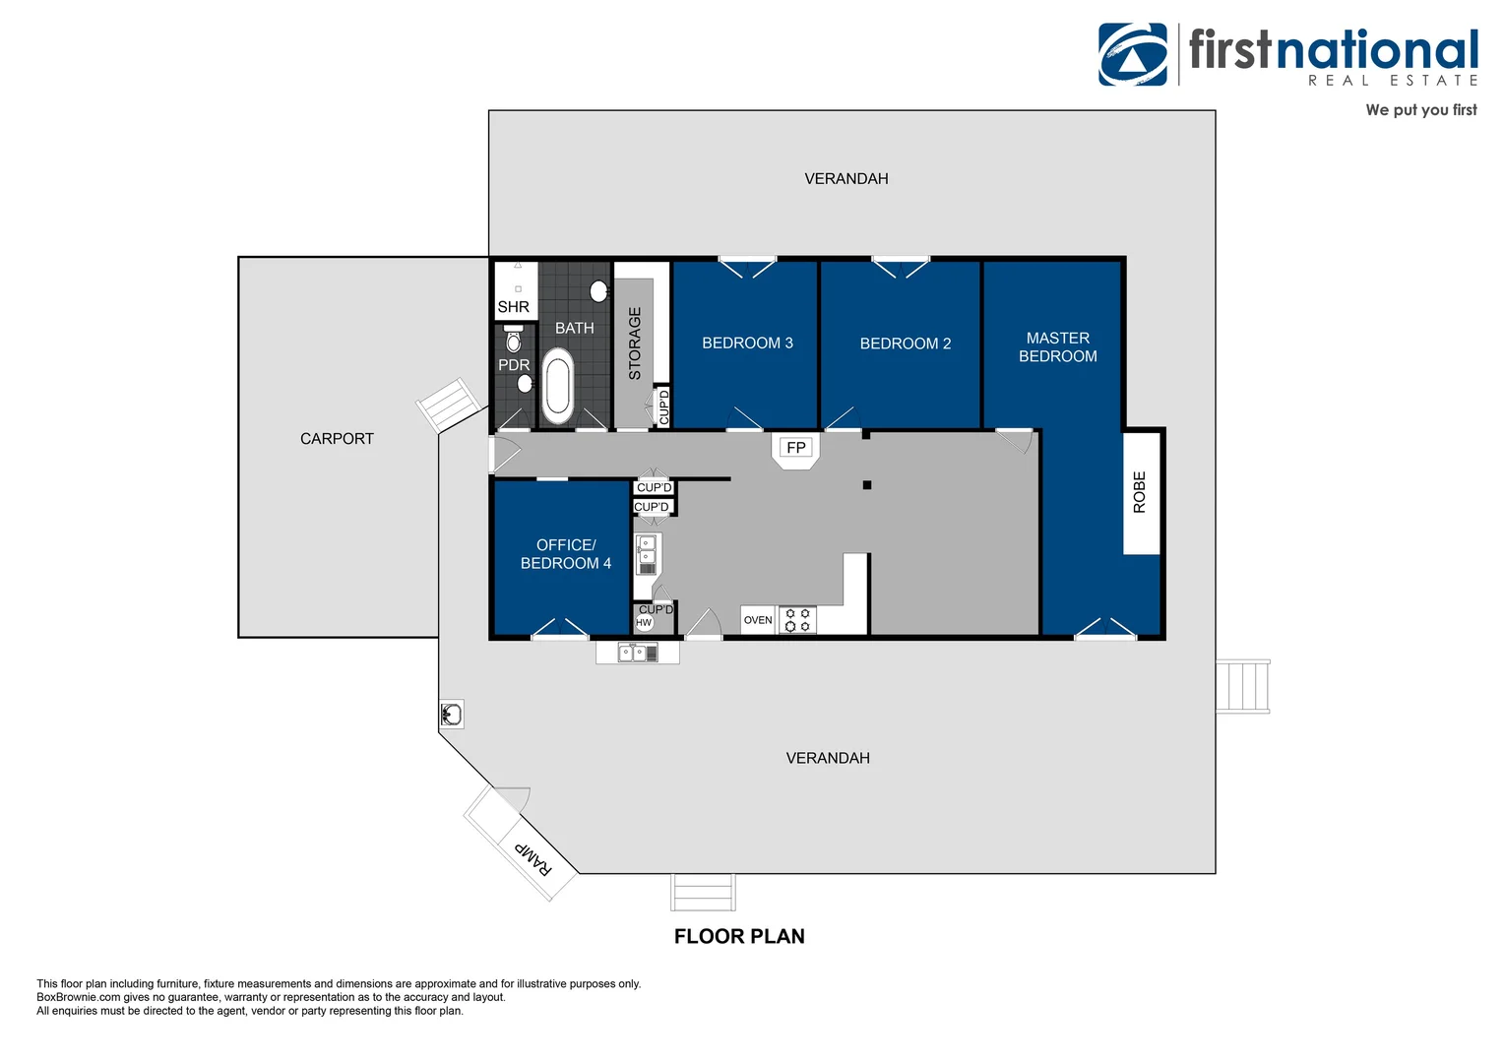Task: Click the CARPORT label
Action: (x=337, y=439)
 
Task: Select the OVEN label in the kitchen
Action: (x=757, y=620)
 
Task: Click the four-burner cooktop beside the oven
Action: (x=797, y=620)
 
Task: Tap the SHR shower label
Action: (x=513, y=307)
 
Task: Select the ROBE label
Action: (x=1140, y=491)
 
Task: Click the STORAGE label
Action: (x=635, y=344)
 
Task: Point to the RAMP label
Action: (x=533, y=858)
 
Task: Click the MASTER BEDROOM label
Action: (x=1057, y=347)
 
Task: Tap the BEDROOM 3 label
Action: (x=747, y=344)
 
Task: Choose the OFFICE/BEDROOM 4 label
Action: (x=565, y=554)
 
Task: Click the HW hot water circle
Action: (x=643, y=622)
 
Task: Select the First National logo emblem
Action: (x=1133, y=54)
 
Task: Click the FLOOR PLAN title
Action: (x=739, y=936)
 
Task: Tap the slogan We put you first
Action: (x=1420, y=110)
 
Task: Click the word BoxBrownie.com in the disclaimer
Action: (x=79, y=997)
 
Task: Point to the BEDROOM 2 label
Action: (x=906, y=344)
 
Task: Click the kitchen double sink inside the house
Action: (x=646, y=555)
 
